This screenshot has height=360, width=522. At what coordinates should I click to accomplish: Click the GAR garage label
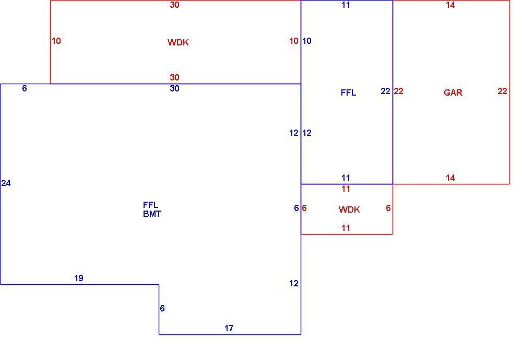pos(453,92)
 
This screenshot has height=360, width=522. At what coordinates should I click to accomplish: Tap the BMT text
pos(152,214)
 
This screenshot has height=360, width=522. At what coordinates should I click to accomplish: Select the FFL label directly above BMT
pos(150,205)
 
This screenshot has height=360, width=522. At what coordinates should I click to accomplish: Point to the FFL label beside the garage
pos(348,92)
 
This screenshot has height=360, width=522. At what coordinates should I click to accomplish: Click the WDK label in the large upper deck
pos(178,42)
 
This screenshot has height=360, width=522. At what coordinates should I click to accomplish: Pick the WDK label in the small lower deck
pos(349,210)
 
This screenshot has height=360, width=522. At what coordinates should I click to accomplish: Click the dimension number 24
pos(6,183)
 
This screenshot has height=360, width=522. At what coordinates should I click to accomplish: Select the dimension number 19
pos(79,278)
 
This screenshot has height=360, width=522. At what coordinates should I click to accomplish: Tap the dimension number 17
pos(229,328)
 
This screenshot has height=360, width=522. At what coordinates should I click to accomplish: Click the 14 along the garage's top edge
pos(450,5)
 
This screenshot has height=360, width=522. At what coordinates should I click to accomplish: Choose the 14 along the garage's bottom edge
pos(450,178)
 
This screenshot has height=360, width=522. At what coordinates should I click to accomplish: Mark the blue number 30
pos(174,88)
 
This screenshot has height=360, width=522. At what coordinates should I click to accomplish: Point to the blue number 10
pos(306,41)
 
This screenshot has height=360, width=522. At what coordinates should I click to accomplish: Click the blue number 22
pos(385,91)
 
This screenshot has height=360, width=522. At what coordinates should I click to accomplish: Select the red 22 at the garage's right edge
pos(502,91)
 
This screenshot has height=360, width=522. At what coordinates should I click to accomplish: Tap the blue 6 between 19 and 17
pos(162,308)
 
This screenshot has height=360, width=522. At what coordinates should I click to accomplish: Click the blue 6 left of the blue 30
pos(25,88)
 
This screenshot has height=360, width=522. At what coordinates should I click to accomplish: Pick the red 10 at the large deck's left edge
pos(56,41)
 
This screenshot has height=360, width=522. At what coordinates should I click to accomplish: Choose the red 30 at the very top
pos(174,5)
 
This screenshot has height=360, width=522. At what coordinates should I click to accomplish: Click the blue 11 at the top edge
pos(346,5)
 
